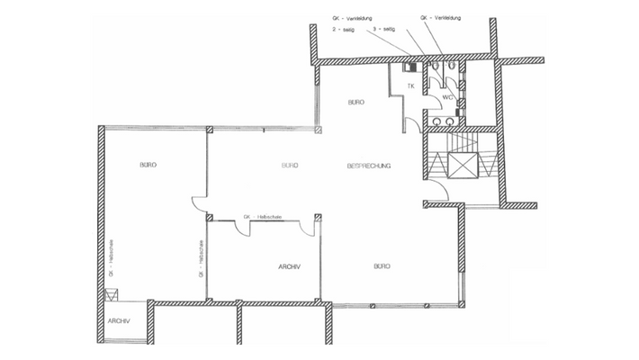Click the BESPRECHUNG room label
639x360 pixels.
(369, 166)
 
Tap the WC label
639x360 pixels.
(445, 94)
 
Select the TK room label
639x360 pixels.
(409, 86)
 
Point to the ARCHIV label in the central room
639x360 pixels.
(289, 266)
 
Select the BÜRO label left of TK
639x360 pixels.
(355, 103)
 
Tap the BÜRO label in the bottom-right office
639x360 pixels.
(382, 266)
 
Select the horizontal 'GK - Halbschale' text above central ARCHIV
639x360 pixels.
(260, 218)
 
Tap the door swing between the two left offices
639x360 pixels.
(198, 206)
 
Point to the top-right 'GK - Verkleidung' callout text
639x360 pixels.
(439, 17)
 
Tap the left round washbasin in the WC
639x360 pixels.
(438, 120)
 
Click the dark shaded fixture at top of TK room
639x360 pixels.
(411, 67)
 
